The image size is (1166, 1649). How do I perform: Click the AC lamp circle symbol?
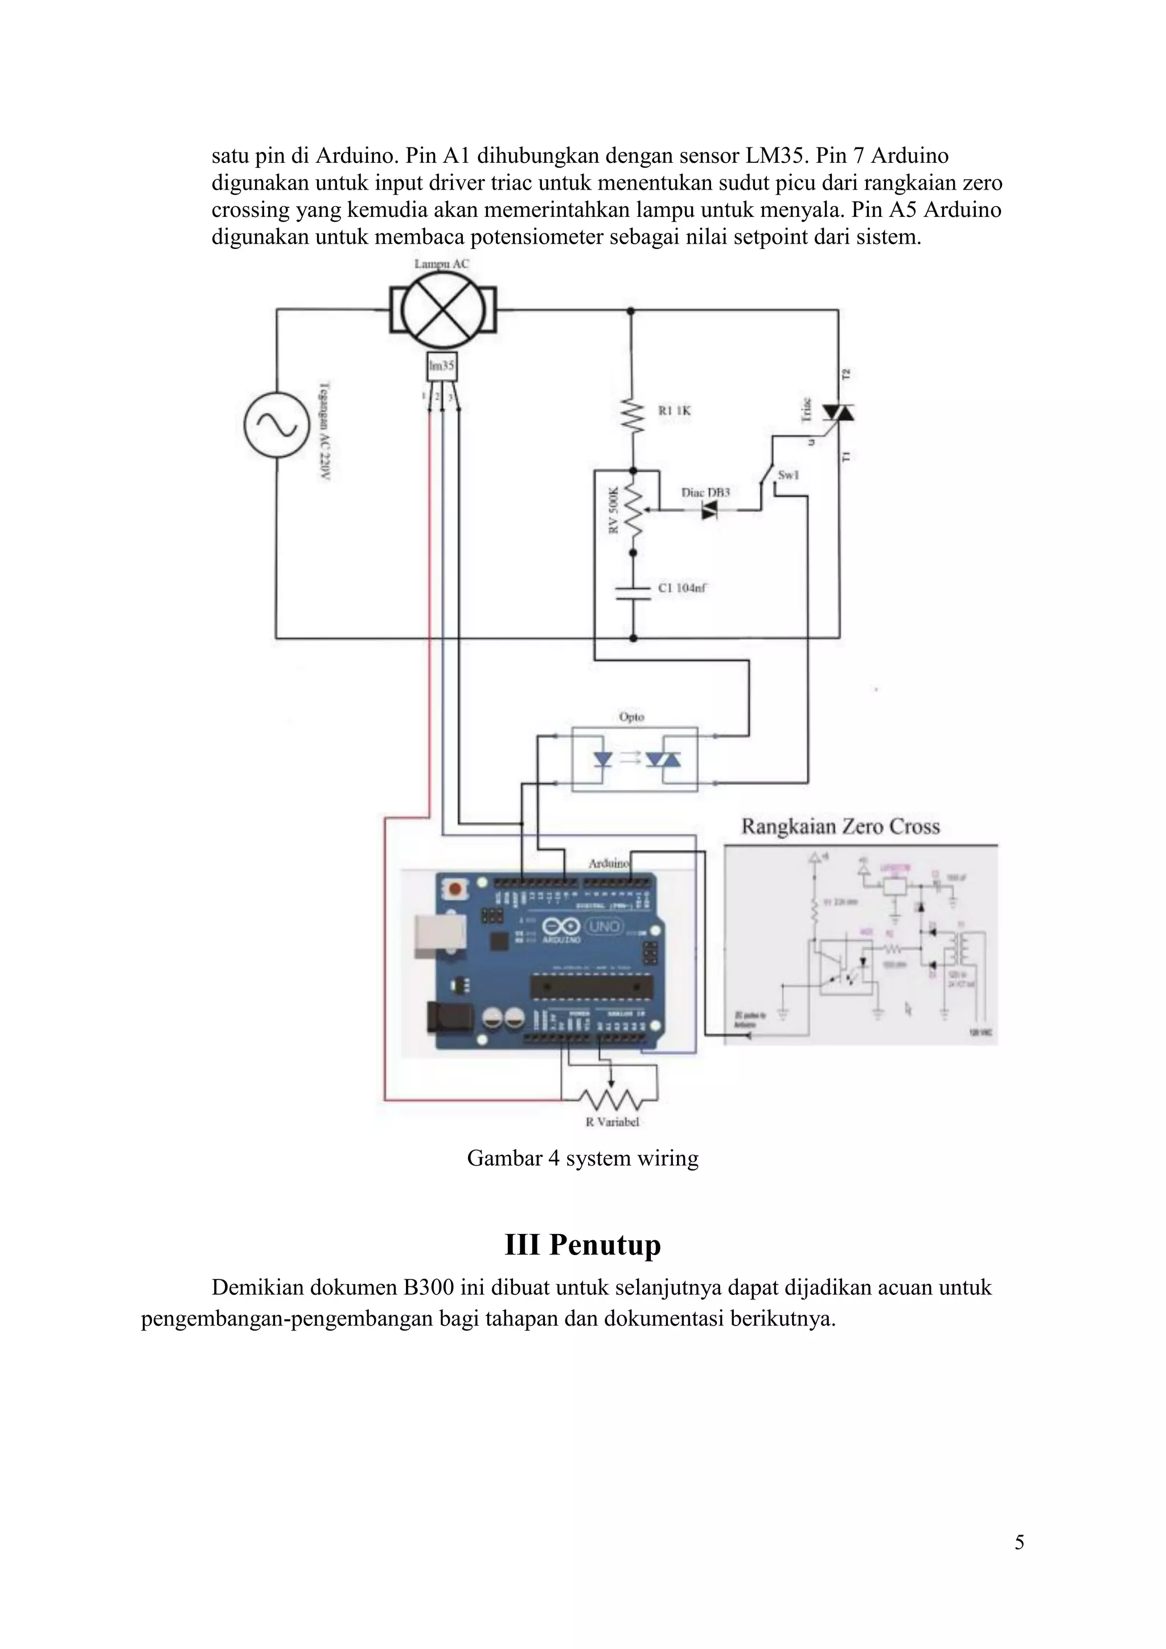(442, 310)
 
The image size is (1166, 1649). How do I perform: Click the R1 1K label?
(674, 411)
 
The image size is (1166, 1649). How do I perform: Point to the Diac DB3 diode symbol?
(709, 511)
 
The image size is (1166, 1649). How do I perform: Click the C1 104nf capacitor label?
(682, 588)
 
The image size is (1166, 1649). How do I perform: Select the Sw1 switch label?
(789, 475)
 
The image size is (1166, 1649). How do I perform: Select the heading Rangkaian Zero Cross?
(840, 827)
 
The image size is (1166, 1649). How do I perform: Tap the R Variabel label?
(611, 1122)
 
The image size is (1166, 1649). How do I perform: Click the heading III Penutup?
(582, 1244)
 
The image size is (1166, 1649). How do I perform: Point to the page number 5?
(1019, 1542)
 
